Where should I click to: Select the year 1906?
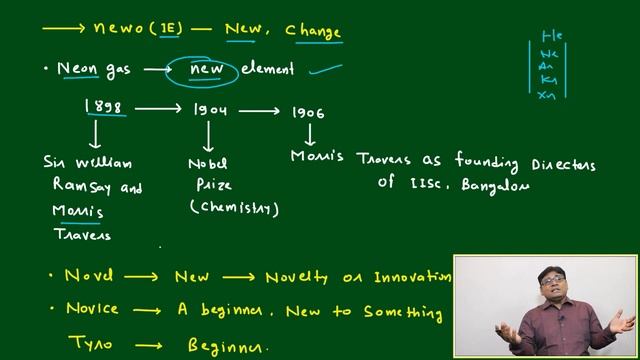point(308,112)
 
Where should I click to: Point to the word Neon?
point(77,69)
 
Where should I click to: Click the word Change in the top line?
point(313,32)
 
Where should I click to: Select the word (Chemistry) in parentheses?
point(234,207)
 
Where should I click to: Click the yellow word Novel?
point(89,275)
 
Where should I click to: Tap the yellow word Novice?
point(93,311)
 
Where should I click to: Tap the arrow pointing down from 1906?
point(309,133)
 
